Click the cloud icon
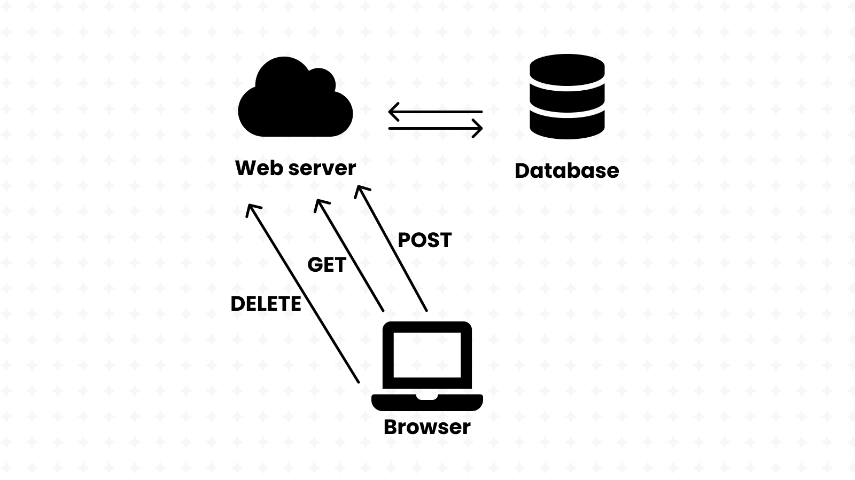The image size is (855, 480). (x=295, y=101)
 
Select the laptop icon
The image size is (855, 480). (x=427, y=366)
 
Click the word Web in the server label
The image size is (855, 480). (x=259, y=168)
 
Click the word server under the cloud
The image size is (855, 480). (x=322, y=168)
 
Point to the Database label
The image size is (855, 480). (x=566, y=170)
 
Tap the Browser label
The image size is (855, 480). (x=427, y=427)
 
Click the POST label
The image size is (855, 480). (x=425, y=240)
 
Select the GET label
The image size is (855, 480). (x=327, y=265)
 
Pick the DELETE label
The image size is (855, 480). (x=266, y=304)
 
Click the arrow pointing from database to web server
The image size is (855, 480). (x=436, y=112)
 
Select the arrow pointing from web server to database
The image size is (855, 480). (x=436, y=129)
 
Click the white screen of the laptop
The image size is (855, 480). (x=427, y=355)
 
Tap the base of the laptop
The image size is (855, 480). (x=427, y=402)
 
